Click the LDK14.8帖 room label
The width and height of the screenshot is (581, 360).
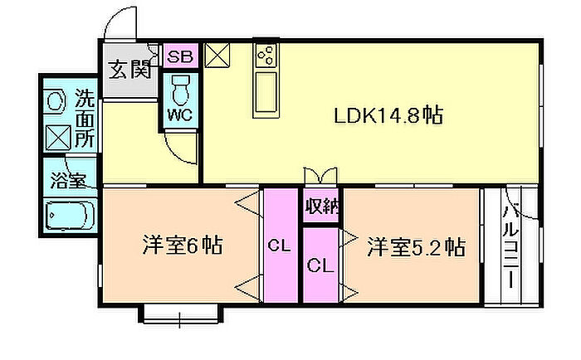coord(388,115)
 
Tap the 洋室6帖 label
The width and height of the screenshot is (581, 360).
coord(183,245)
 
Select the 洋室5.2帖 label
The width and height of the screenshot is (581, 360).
coord(416,247)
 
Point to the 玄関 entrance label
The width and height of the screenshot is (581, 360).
coord(129,69)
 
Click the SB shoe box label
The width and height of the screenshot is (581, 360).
coord(180,56)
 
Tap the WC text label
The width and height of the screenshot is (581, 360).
coord(180,114)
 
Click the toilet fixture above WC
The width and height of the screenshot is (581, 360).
coord(181,90)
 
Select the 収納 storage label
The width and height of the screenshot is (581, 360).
coord(322,205)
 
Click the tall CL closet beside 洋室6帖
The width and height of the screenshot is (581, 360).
coord(281,246)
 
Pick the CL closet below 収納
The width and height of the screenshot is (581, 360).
coord(321,265)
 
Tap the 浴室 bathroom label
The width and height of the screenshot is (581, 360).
coord(69,180)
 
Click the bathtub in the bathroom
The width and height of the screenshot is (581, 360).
coord(69,216)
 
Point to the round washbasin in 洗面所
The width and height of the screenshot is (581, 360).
coord(56,101)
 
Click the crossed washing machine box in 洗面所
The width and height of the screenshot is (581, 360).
coord(58,138)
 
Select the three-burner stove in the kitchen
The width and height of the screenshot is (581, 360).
coord(266,56)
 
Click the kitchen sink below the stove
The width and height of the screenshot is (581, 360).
coord(266,93)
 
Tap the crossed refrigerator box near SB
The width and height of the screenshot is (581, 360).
coord(217,56)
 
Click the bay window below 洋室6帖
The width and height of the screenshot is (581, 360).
coord(180,314)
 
